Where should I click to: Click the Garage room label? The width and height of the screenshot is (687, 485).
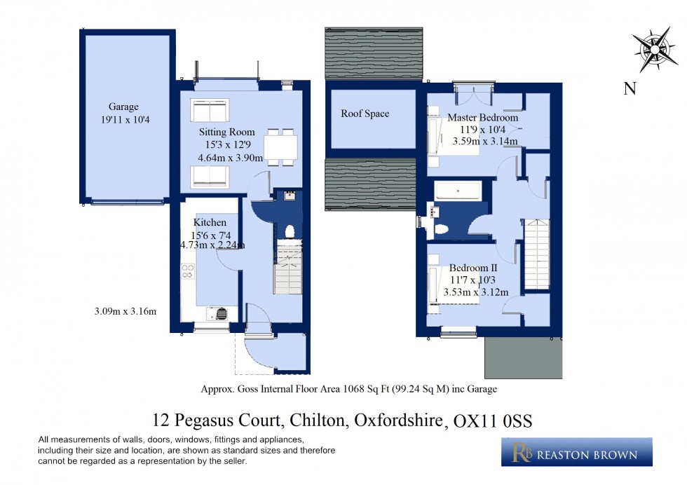coord(123,107)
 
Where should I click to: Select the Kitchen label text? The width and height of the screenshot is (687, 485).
coord(210,223)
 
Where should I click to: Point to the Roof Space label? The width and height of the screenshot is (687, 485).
coord(365,114)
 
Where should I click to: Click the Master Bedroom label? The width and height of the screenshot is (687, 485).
coord(483,118)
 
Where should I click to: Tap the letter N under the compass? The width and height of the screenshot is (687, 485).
coord(630,88)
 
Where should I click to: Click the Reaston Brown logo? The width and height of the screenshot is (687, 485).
coord(576,453)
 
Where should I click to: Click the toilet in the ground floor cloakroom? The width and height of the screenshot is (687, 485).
coord(290,231)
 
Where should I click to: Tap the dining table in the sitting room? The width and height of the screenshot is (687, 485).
coord(280,147)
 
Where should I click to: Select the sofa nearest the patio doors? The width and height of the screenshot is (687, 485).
coord(210,111)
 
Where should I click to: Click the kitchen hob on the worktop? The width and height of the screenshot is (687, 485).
coord(188,271)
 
